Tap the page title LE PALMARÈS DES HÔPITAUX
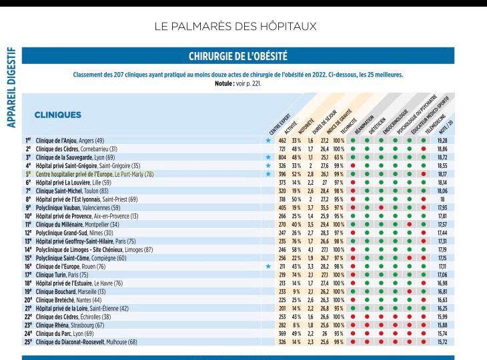244,27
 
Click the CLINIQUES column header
57,115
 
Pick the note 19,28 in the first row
442,141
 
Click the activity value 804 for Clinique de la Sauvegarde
282,157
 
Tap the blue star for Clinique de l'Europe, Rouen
268,266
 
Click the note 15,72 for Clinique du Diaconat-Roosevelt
442,342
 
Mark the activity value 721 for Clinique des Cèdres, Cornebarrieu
282,149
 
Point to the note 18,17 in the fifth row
442,174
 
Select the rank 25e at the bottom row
29,342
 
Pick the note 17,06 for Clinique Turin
442,275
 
